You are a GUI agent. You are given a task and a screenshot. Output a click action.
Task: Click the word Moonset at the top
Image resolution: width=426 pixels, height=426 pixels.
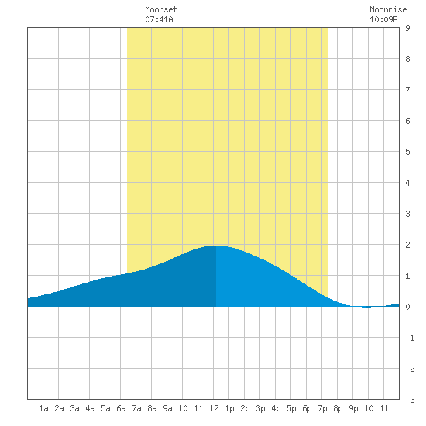(161, 9)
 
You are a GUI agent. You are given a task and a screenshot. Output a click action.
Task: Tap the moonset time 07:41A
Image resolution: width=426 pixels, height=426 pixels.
(159, 19)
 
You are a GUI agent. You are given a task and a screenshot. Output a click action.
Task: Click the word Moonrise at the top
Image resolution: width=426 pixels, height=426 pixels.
(388, 9)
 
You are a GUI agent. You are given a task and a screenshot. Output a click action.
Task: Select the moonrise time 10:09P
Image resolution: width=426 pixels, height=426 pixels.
(383, 19)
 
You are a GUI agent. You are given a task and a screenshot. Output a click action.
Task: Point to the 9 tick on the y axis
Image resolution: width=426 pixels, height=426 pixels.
(407, 28)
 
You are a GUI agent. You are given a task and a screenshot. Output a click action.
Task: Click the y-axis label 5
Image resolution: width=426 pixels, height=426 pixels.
(407, 152)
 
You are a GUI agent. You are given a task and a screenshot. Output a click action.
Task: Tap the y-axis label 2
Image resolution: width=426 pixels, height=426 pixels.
(407, 245)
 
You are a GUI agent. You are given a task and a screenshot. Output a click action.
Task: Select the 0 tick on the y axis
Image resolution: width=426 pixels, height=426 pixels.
(407, 307)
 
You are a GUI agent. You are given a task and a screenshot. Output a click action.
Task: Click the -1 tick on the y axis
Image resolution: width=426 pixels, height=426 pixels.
(410, 338)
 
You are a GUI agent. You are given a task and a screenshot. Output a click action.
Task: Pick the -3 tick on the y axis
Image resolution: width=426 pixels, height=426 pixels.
(410, 400)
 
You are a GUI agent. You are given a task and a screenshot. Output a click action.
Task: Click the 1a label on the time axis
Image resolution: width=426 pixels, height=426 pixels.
(43, 408)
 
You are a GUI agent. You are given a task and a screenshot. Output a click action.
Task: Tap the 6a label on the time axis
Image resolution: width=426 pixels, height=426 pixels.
(121, 408)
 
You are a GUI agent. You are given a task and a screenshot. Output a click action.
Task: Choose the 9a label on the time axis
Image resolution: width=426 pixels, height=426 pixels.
(167, 408)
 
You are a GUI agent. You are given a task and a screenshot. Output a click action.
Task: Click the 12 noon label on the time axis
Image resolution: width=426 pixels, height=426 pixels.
(214, 408)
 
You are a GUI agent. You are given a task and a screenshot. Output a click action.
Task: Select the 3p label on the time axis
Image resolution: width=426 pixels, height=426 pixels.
(260, 408)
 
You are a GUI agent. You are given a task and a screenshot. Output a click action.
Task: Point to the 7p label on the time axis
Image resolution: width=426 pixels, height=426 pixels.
(322, 408)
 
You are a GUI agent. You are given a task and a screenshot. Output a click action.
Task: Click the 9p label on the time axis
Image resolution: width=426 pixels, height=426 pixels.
(353, 408)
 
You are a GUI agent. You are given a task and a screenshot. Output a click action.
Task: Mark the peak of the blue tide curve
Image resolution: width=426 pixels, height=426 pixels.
(215, 246)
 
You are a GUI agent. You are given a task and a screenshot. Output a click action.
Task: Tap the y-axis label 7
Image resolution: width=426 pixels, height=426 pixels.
(407, 90)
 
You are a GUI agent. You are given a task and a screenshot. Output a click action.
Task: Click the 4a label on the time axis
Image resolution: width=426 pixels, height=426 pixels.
(90, 408)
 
